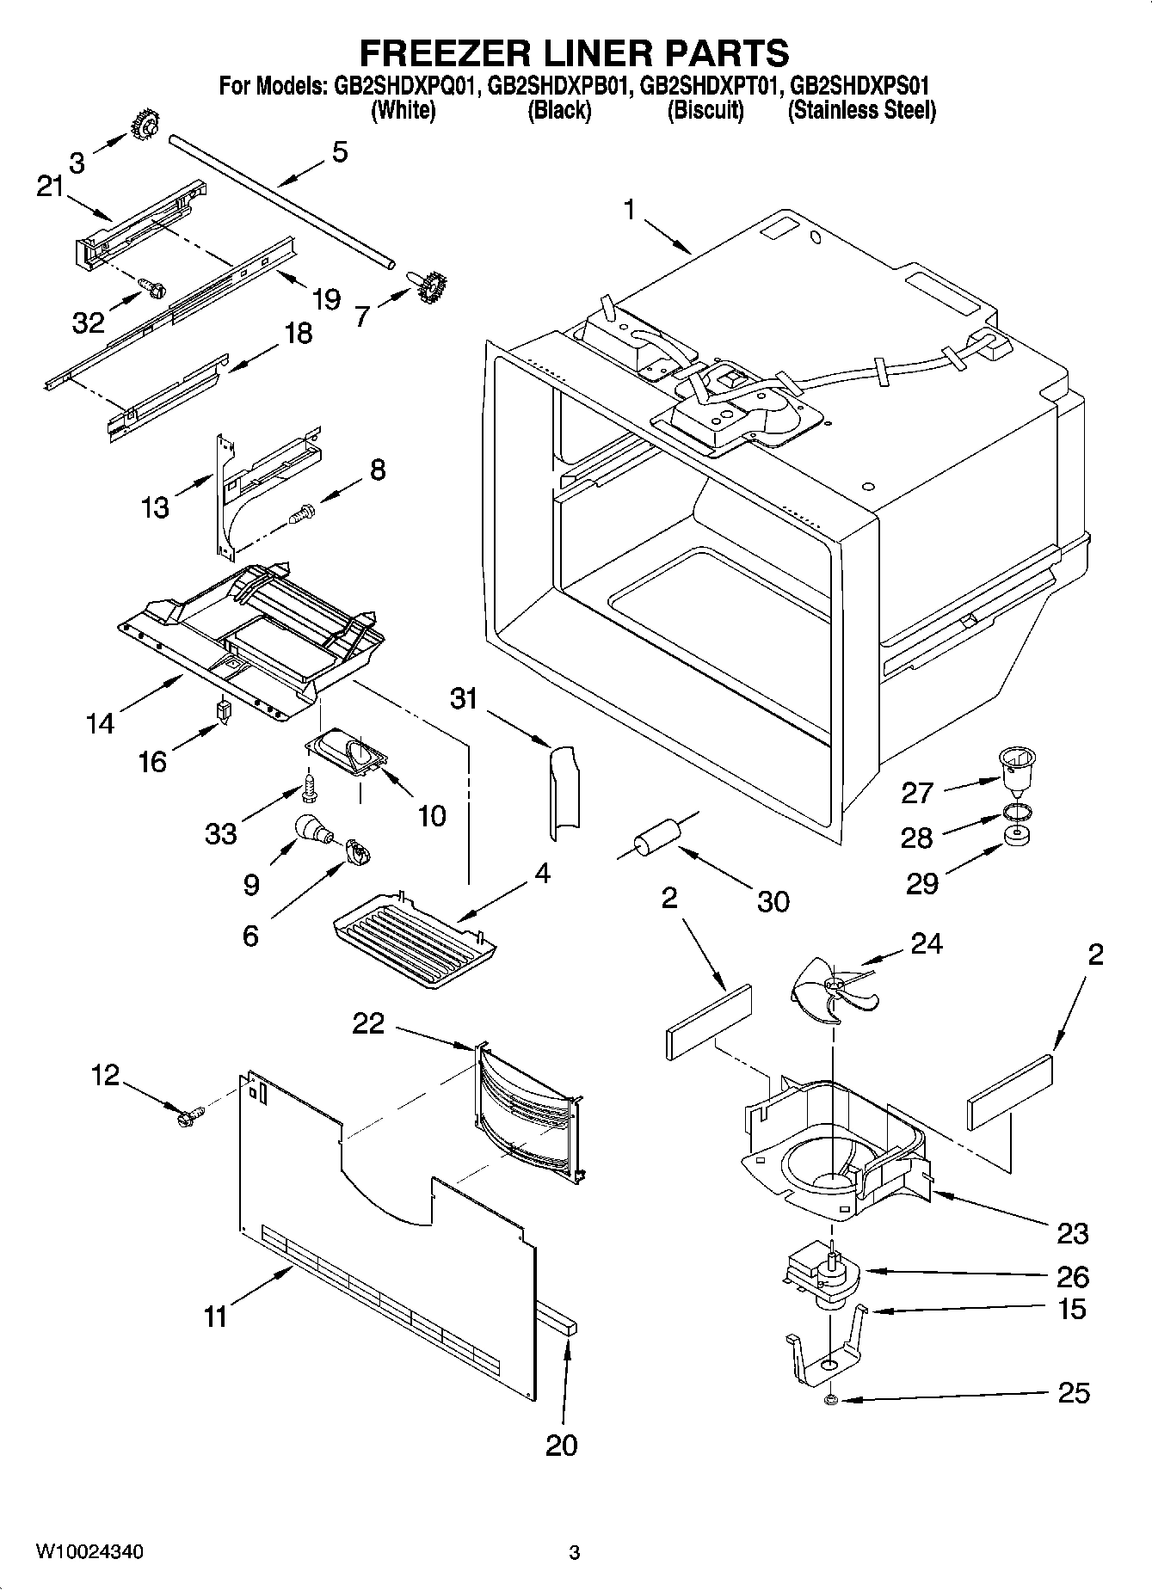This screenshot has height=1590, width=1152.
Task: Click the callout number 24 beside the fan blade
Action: coord(926,943)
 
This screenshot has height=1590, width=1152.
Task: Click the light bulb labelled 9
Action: coord(313,829)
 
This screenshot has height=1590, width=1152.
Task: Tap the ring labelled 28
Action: coord(1016,811)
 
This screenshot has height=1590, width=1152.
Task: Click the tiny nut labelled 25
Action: coord(831,1401)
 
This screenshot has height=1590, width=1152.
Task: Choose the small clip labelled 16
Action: coord(225,712)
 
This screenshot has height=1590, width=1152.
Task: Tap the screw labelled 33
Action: coord(308,786)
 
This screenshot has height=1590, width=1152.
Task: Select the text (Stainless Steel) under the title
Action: coord(862,110)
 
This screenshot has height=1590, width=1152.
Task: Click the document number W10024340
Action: coord(89,1551)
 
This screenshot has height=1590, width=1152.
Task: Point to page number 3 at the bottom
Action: coord(575,1552)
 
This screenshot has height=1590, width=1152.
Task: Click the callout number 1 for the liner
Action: coord(630,209)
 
